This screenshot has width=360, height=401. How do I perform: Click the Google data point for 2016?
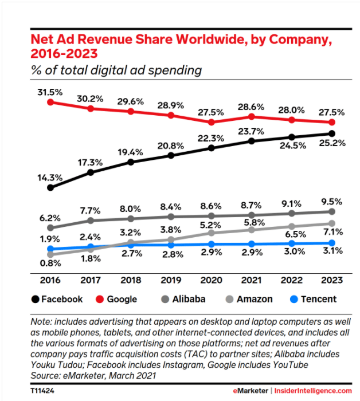tap(50, 102)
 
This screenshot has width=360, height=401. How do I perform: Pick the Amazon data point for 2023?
tap(332, 223)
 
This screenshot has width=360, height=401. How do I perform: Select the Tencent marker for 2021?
tap(252, 244)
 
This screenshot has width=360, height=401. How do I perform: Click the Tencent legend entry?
tap(313, 299)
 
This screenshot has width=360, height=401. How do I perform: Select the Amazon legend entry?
tap(246, 299)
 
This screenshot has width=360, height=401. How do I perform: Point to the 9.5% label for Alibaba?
tap(332, 201)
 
